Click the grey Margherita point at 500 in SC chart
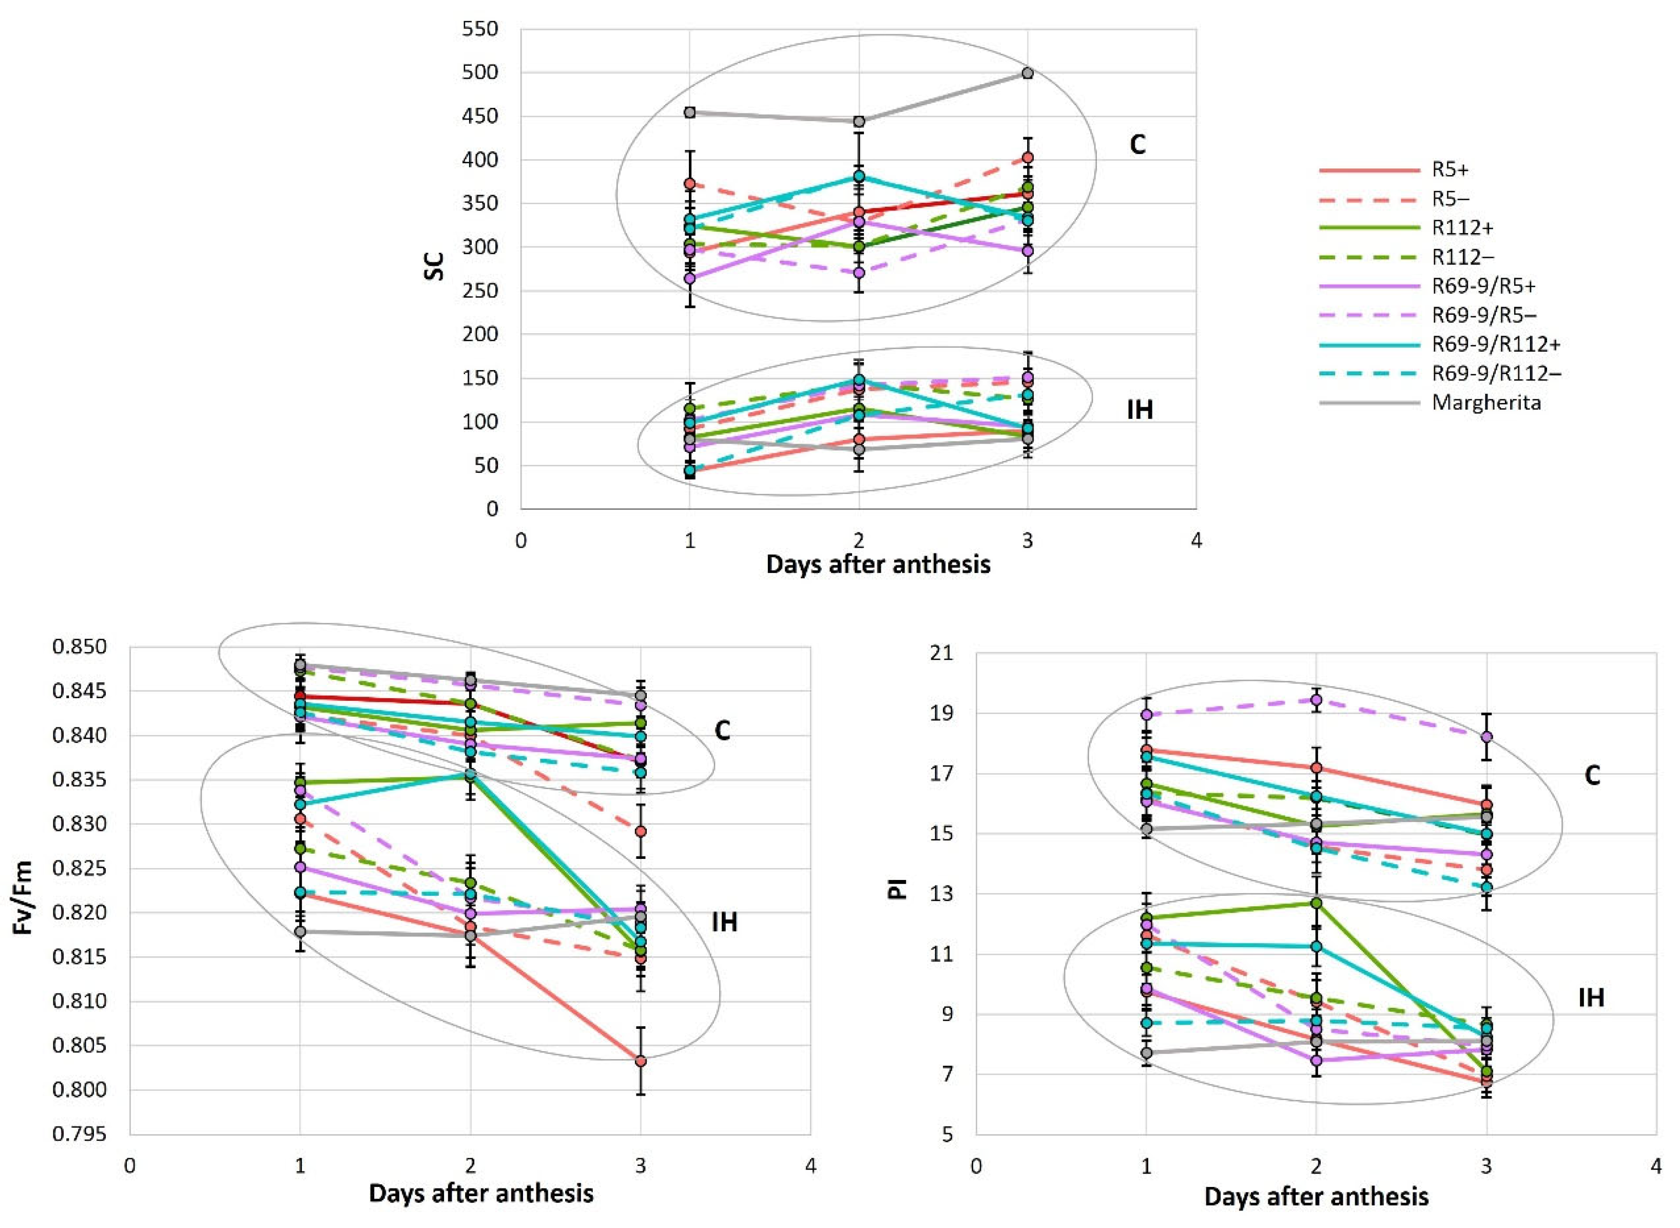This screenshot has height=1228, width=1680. point(1028,73)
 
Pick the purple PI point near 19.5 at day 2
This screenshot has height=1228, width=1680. point(1316,700)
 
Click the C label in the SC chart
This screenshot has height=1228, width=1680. point(1137,145)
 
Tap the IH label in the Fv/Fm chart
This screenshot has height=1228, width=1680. point(724,923)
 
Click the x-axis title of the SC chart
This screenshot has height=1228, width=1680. point(878,565)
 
